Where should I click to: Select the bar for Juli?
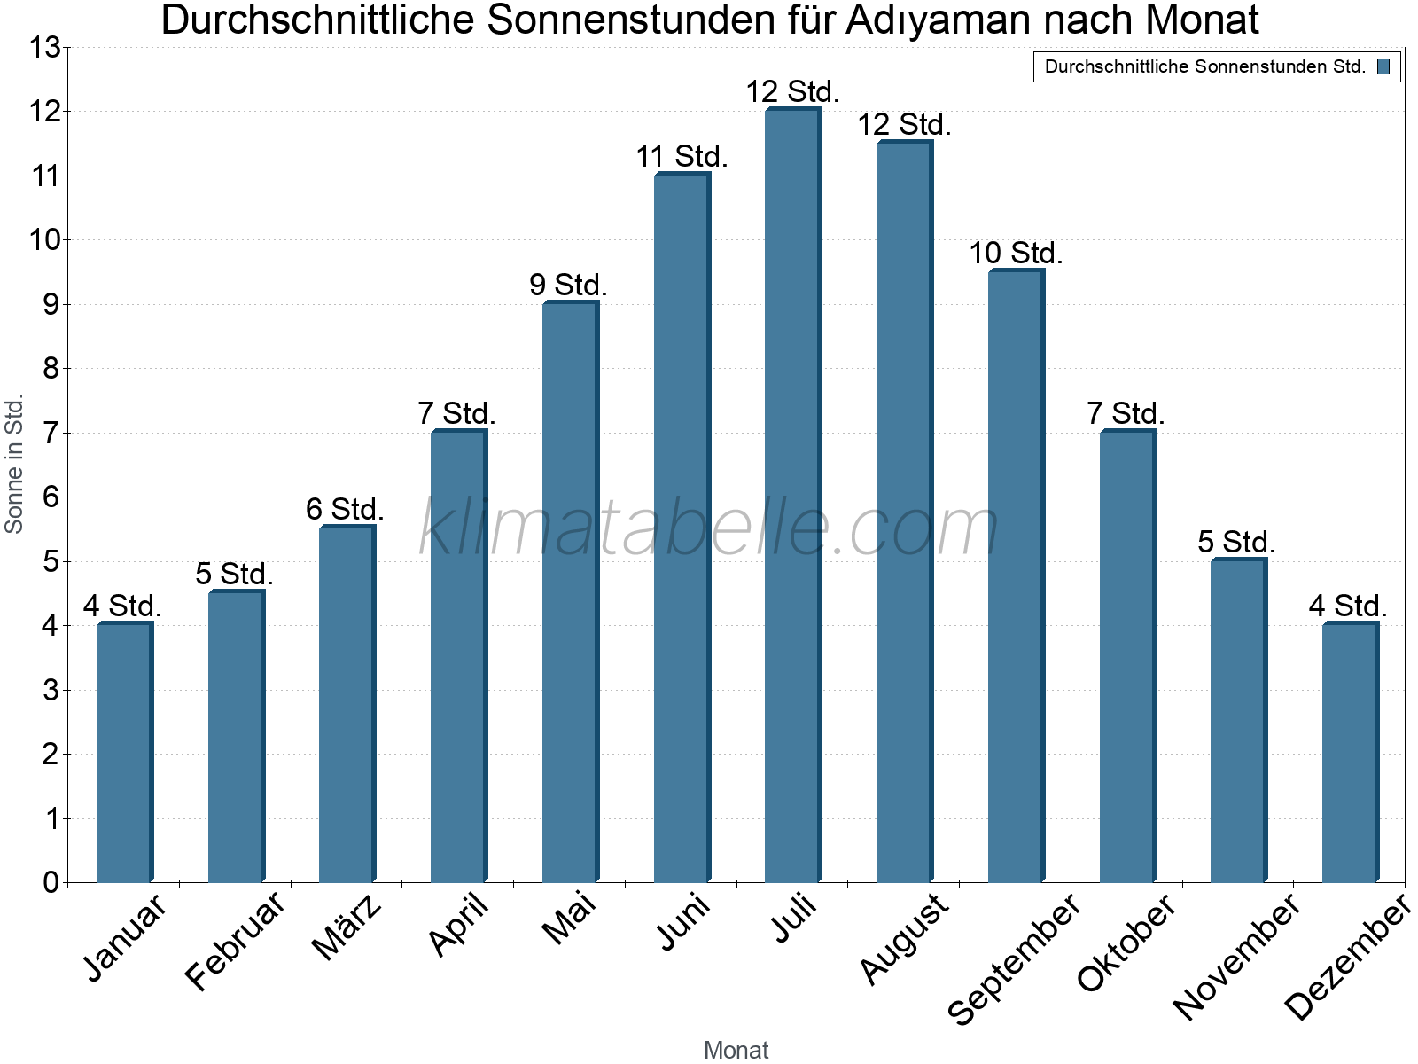[792, 497]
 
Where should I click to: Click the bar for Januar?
[124, 754]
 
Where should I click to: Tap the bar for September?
[1016, 576]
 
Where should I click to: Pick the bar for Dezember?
[1350, 754]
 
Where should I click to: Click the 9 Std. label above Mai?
[568, 286]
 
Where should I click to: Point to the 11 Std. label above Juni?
[682, 157]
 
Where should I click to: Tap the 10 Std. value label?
[1016, 254]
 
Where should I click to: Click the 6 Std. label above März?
[345, 510]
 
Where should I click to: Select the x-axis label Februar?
[236, 942]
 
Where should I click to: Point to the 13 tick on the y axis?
[43, 48]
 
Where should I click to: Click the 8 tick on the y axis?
[51, 369]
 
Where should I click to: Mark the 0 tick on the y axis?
[51, 883]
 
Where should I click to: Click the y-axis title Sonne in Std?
[14, 465]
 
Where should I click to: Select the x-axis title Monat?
[736, 1050]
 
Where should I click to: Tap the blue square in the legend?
[1383, 66]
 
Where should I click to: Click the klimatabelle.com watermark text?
[709, 528]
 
